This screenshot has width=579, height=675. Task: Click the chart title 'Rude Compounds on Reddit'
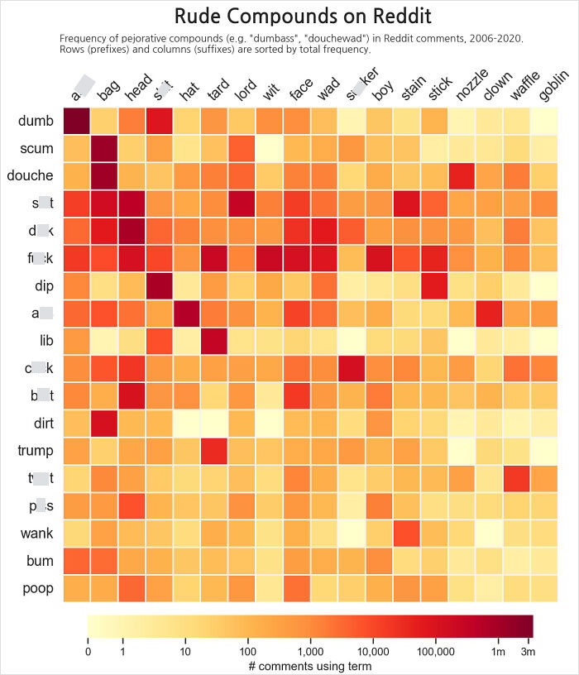click(x=303, y=17)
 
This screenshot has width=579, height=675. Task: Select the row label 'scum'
click(x=36, y=149)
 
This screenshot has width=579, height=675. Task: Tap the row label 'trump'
click(x=36, y=451)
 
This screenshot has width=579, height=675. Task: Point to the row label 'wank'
click(x=36, y=533)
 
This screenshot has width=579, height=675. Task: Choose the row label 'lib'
click(x=45, y=341)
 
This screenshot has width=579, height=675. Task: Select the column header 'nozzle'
click(x=472, y=86)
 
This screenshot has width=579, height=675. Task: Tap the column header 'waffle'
click(x=526, y=88)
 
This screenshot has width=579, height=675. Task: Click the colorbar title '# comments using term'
click(x=309, y=665)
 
